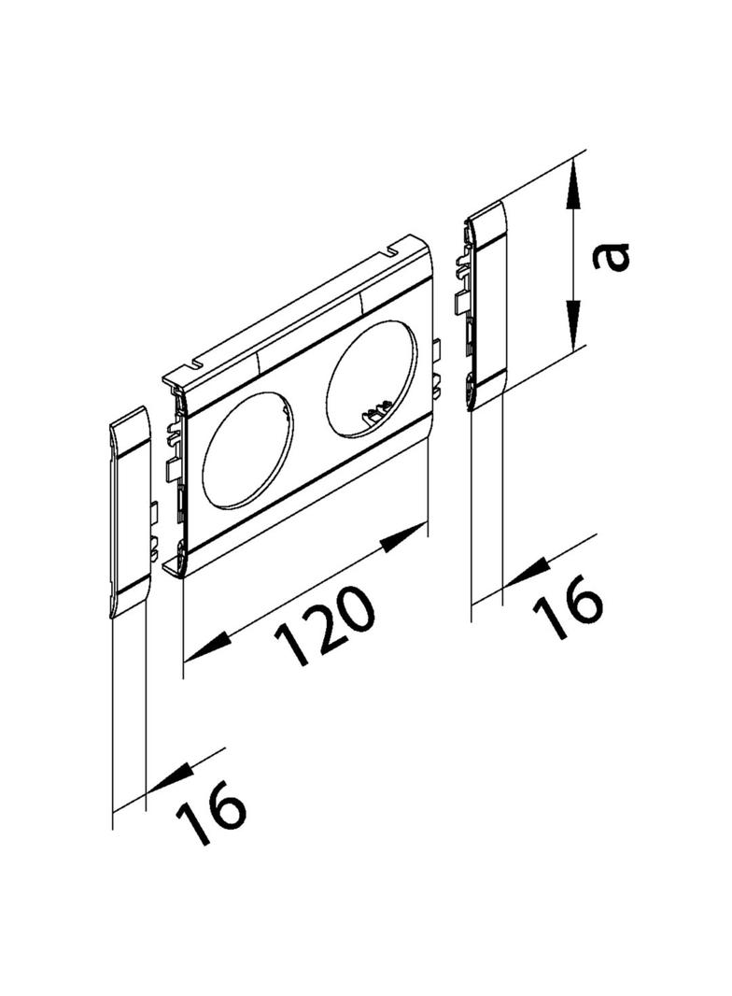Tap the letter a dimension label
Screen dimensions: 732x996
(611, 257)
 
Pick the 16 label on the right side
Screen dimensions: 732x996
(567, 606)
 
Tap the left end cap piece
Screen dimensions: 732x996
(130, 511)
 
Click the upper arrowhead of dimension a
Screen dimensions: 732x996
(573, 184)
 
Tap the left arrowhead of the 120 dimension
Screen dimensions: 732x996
(204, 647)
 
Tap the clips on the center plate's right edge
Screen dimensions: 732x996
(437, 365)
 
